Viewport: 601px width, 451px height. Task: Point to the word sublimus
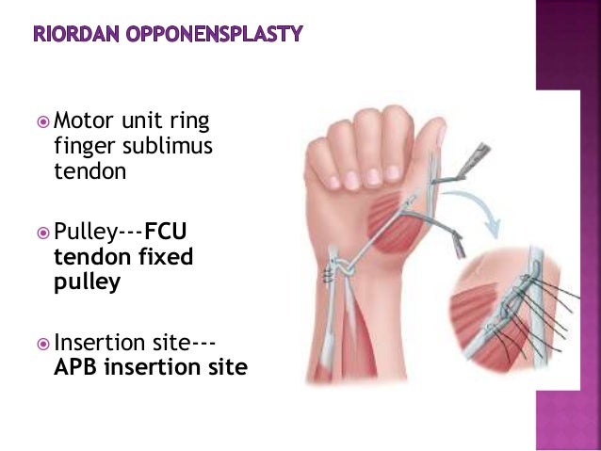pyautogui.click(x=171, y=146)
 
